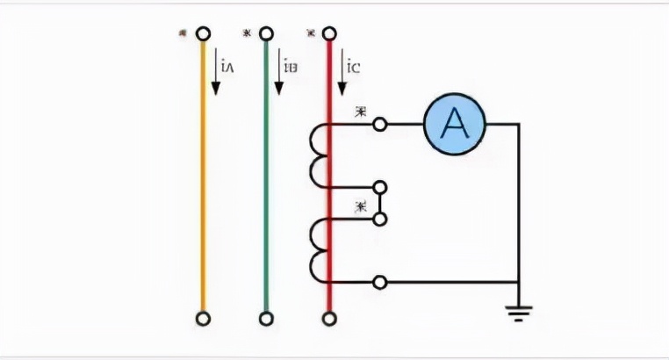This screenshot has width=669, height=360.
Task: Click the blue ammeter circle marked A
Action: tap(454, 126)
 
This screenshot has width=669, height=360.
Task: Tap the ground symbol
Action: tap(519, 310)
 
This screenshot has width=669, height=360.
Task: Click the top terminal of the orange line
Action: tap(203, 33)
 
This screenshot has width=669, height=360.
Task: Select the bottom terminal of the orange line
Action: tap(203, 317)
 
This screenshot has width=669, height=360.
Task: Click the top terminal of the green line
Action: tap(266, 33)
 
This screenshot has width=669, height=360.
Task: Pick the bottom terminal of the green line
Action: tap(266, 317)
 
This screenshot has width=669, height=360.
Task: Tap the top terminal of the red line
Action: tap(330, 33)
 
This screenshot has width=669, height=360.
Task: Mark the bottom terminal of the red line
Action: tap(330, 317)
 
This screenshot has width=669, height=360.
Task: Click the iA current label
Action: tap(227, 66)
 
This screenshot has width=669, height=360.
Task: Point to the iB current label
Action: tap(291, 66)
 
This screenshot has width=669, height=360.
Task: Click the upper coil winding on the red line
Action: tap(318, 155)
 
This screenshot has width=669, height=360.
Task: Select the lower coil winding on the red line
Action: tap(318, 250)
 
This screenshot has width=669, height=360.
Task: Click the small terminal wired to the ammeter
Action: tap(379, 126)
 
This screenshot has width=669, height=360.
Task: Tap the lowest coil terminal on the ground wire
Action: tap(379, 282)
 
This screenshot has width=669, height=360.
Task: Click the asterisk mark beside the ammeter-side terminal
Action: tap(360, 112)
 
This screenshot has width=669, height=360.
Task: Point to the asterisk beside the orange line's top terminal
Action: tap(182, 33)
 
